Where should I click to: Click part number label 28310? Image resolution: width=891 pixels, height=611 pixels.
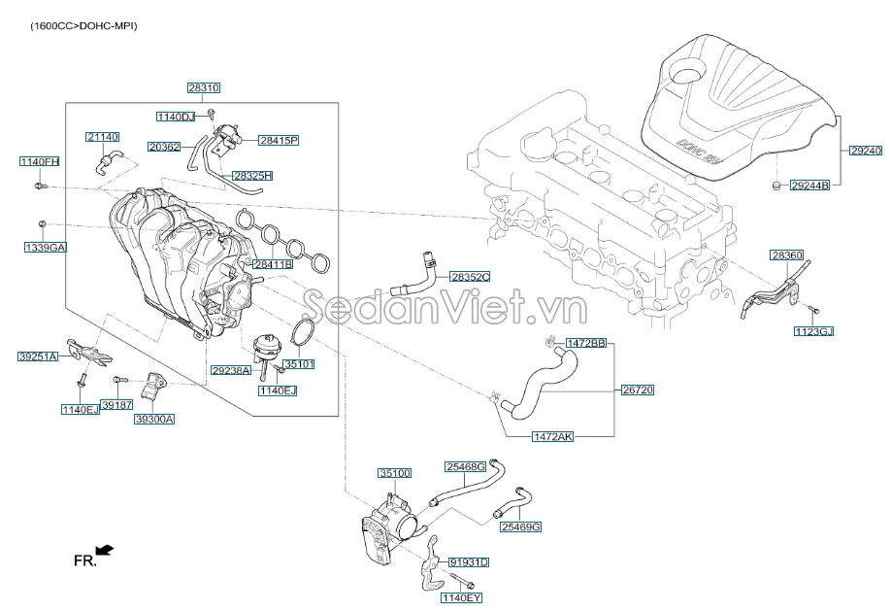click(x=204, y=87)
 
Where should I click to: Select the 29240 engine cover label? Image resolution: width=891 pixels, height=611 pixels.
click(x=866, y=151)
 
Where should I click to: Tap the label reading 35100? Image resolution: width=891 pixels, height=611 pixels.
click(x=395, y=473)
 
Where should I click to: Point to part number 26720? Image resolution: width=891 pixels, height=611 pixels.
click(x=638, y=390)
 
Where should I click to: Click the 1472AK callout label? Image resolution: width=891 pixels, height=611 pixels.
click(x=552, y=437)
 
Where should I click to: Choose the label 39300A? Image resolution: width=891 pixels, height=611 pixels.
click(x=154, y=419)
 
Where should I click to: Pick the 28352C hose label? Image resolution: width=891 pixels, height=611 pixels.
click(x=470, y=277)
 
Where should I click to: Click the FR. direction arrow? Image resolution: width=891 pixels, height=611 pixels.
click(x=105, y=551)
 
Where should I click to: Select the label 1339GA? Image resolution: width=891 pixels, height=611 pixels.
click(x=46, y=248)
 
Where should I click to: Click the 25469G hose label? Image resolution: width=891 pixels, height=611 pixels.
click(x=520, y=526)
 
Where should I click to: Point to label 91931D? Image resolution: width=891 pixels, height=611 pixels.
click(x=469, y=562)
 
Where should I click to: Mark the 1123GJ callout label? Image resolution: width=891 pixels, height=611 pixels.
click(x=813, y=331)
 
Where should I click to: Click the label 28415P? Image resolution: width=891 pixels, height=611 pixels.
click(x=279, y=140)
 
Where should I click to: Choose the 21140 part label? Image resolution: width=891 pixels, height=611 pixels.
click(x=102, y=137)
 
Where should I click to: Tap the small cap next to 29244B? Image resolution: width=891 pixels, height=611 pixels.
click(x=775, y=184)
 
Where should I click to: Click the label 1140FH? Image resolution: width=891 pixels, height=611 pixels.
click(x=40, y=160)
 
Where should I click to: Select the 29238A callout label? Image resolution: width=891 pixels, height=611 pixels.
click(x=231, y=370)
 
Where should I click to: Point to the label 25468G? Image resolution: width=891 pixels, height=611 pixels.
click(x=465, y=466)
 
